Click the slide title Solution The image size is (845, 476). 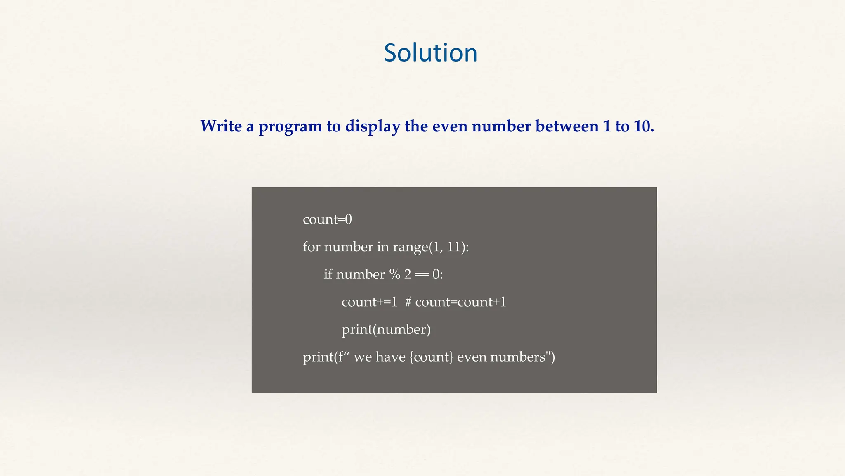[430, 53]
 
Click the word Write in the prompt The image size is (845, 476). [221, 126]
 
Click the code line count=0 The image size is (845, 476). [327, 219]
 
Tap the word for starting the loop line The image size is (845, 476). [312, 247]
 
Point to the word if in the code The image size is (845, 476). [328, 274]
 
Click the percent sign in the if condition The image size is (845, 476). [394, 274]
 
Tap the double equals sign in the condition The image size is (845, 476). [422, 274]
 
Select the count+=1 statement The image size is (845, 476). [369, 302]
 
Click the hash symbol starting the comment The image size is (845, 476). [408, 302]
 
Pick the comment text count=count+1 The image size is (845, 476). [460, 302]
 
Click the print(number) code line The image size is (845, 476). [386, 330]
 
